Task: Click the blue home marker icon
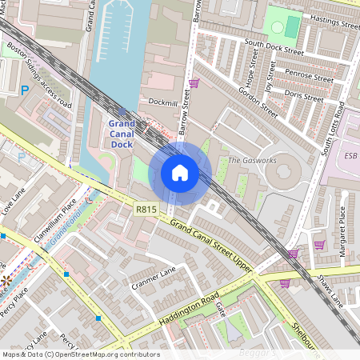point(180,173)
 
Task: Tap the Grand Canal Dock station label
point(122,134)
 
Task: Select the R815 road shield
point(145,210)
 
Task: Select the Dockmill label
point(164,102)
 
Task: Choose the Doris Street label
point(304,95)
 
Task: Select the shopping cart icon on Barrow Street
point(194,82)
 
